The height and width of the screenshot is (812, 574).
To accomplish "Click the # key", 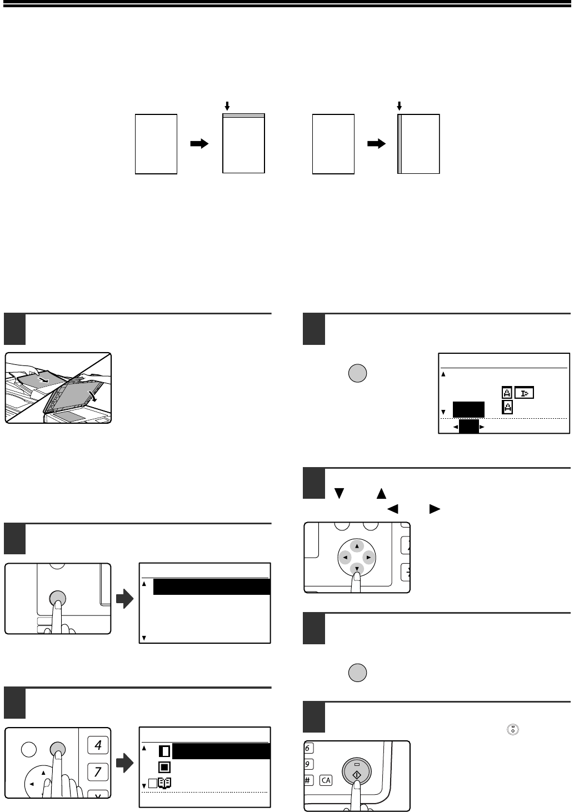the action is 308,780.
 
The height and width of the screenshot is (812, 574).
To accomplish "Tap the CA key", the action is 326,780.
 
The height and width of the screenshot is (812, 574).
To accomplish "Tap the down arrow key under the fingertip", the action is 356,567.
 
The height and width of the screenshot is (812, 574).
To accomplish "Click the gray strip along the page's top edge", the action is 243,116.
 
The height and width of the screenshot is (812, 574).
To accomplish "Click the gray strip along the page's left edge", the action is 400,144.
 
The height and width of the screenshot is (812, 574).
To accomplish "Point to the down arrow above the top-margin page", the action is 227,105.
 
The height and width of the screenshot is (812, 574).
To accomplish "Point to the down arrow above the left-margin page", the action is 399,105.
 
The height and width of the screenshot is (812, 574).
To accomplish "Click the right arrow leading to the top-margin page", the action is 199,144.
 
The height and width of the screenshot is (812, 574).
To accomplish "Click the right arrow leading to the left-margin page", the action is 376,144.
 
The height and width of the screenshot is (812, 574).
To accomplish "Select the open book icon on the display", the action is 164,784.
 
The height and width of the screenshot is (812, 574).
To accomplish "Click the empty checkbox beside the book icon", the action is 153,784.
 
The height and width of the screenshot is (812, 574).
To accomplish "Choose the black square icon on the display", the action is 164,768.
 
